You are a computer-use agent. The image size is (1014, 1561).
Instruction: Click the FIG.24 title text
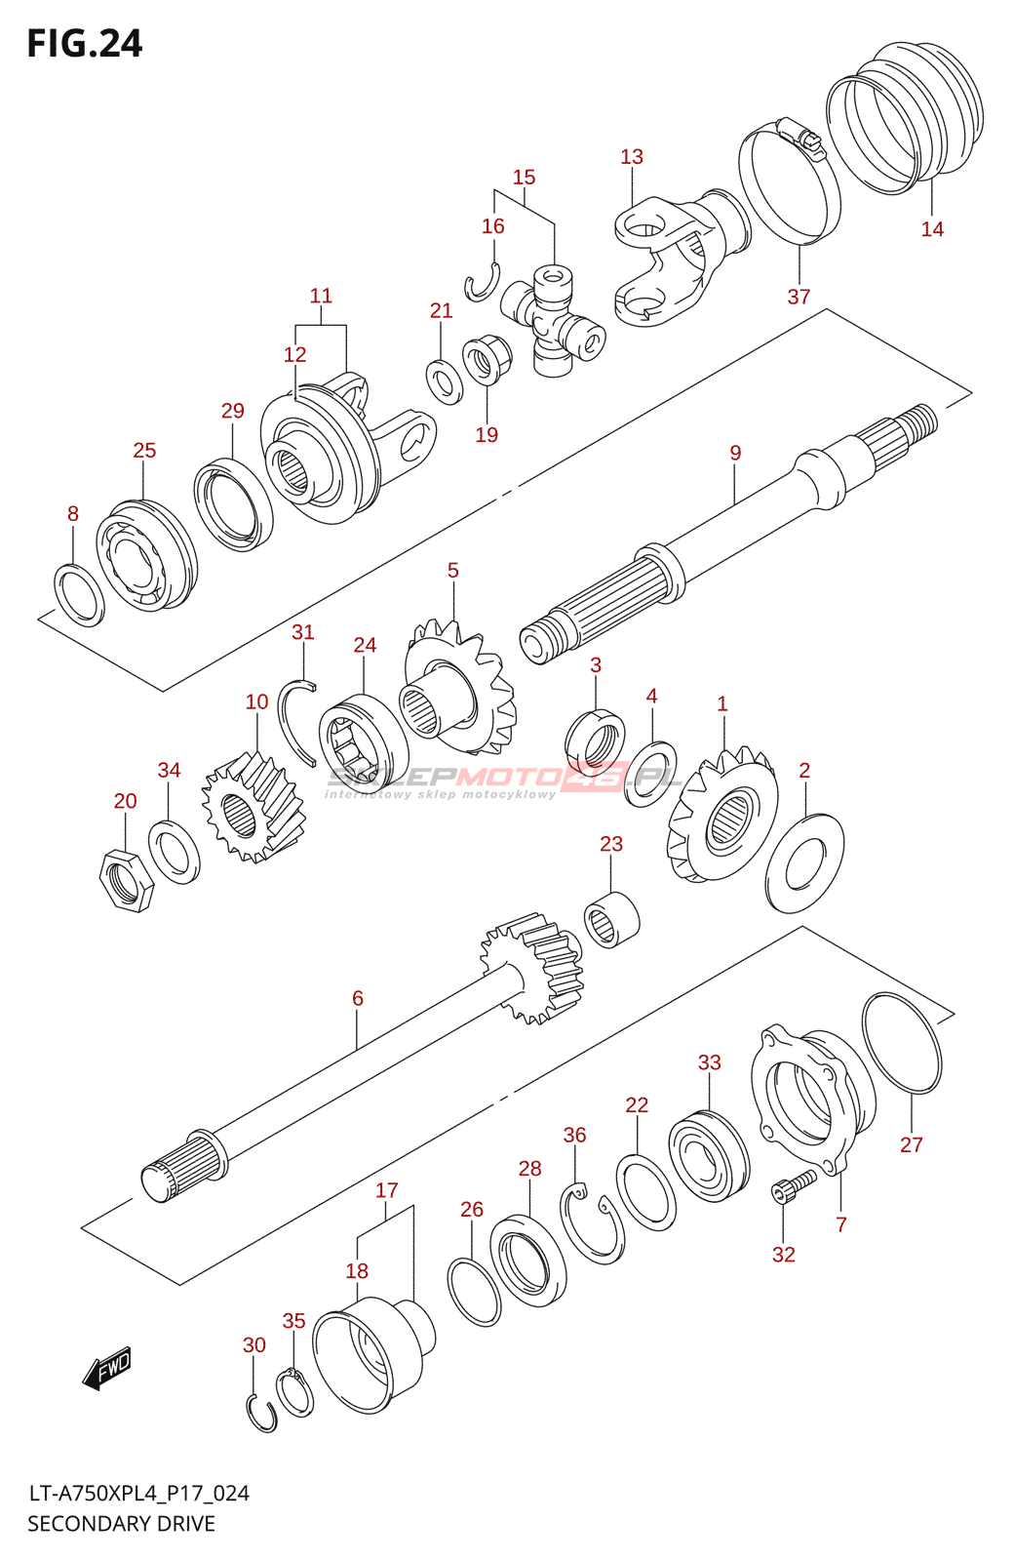point(84,43)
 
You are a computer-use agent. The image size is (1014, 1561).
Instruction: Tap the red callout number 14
point(932,228)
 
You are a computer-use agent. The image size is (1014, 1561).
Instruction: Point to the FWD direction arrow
point(107,1366)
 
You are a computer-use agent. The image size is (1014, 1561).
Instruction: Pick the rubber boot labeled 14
point(906,117)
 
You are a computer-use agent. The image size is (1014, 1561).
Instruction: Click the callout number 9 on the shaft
point(735,453)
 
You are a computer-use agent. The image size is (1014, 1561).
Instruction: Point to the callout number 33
point(709,1062)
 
